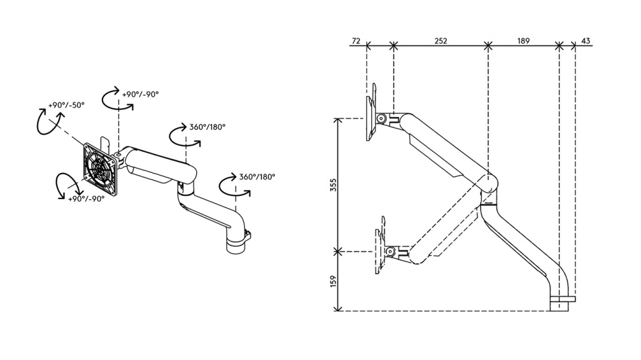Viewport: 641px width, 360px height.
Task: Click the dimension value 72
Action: [356, 41]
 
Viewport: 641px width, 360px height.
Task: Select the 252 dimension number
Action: [441, 41]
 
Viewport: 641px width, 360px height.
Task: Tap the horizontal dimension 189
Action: [523, 41]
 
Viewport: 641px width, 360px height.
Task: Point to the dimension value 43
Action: [585, 41]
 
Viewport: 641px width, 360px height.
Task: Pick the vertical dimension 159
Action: [333, 281]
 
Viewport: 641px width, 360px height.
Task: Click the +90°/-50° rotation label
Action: [66, 105]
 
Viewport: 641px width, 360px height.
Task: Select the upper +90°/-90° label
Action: [140, 94]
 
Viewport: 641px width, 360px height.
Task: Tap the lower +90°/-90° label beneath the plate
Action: [87, 199]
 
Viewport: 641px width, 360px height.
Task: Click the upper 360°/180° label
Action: [207, 127]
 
